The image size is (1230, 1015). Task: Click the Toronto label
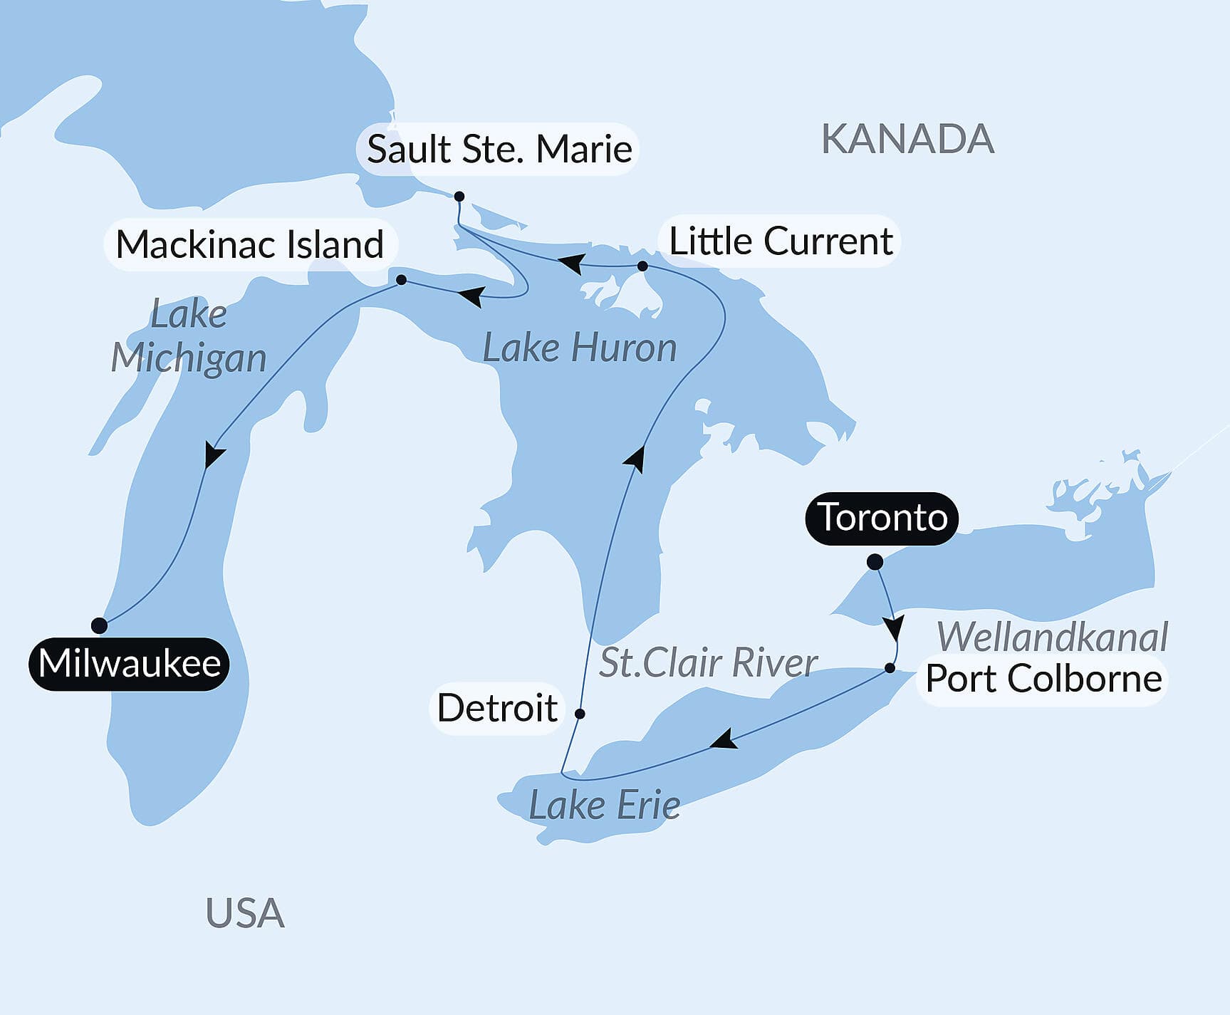pos(882,518)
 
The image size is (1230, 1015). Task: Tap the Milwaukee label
pos(129,664)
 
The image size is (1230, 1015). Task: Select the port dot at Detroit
pos(580,713)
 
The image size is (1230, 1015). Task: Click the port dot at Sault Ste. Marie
pos(459,196)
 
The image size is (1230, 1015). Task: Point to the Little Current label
pos(781,241)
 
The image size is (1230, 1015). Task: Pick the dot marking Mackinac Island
pos(401,280)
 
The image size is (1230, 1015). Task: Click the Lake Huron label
pos(579,348)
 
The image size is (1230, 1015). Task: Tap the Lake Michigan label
pos(189,336)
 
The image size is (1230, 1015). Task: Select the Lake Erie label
pos(604,806)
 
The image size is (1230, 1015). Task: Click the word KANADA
pos(907,139)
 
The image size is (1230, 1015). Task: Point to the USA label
pos(245,913)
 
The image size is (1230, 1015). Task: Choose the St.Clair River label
pos(707,663)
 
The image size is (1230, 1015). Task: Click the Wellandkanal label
pos(1052,637)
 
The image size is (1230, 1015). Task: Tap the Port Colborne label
pos(1043,679)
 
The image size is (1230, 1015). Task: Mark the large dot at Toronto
pos(875,562)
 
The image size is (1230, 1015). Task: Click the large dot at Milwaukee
pos(100,625)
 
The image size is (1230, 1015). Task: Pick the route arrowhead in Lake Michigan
pos(213,454)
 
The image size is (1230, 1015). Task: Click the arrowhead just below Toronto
pos(893,628)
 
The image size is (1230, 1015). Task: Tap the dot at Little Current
pos(642,266)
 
